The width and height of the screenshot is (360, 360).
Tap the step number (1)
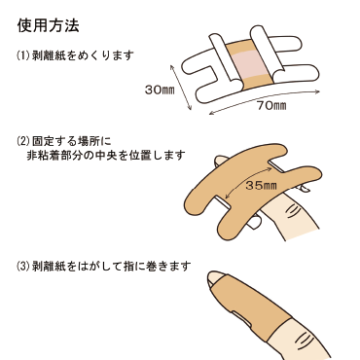[23, 55]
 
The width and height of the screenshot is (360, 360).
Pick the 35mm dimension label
[263, 183]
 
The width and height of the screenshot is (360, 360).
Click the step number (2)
[23, 139]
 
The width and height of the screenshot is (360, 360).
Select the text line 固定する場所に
[73, 139]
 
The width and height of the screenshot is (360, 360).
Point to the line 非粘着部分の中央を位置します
[111, 155]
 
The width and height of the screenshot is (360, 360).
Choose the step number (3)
[23, 264]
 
